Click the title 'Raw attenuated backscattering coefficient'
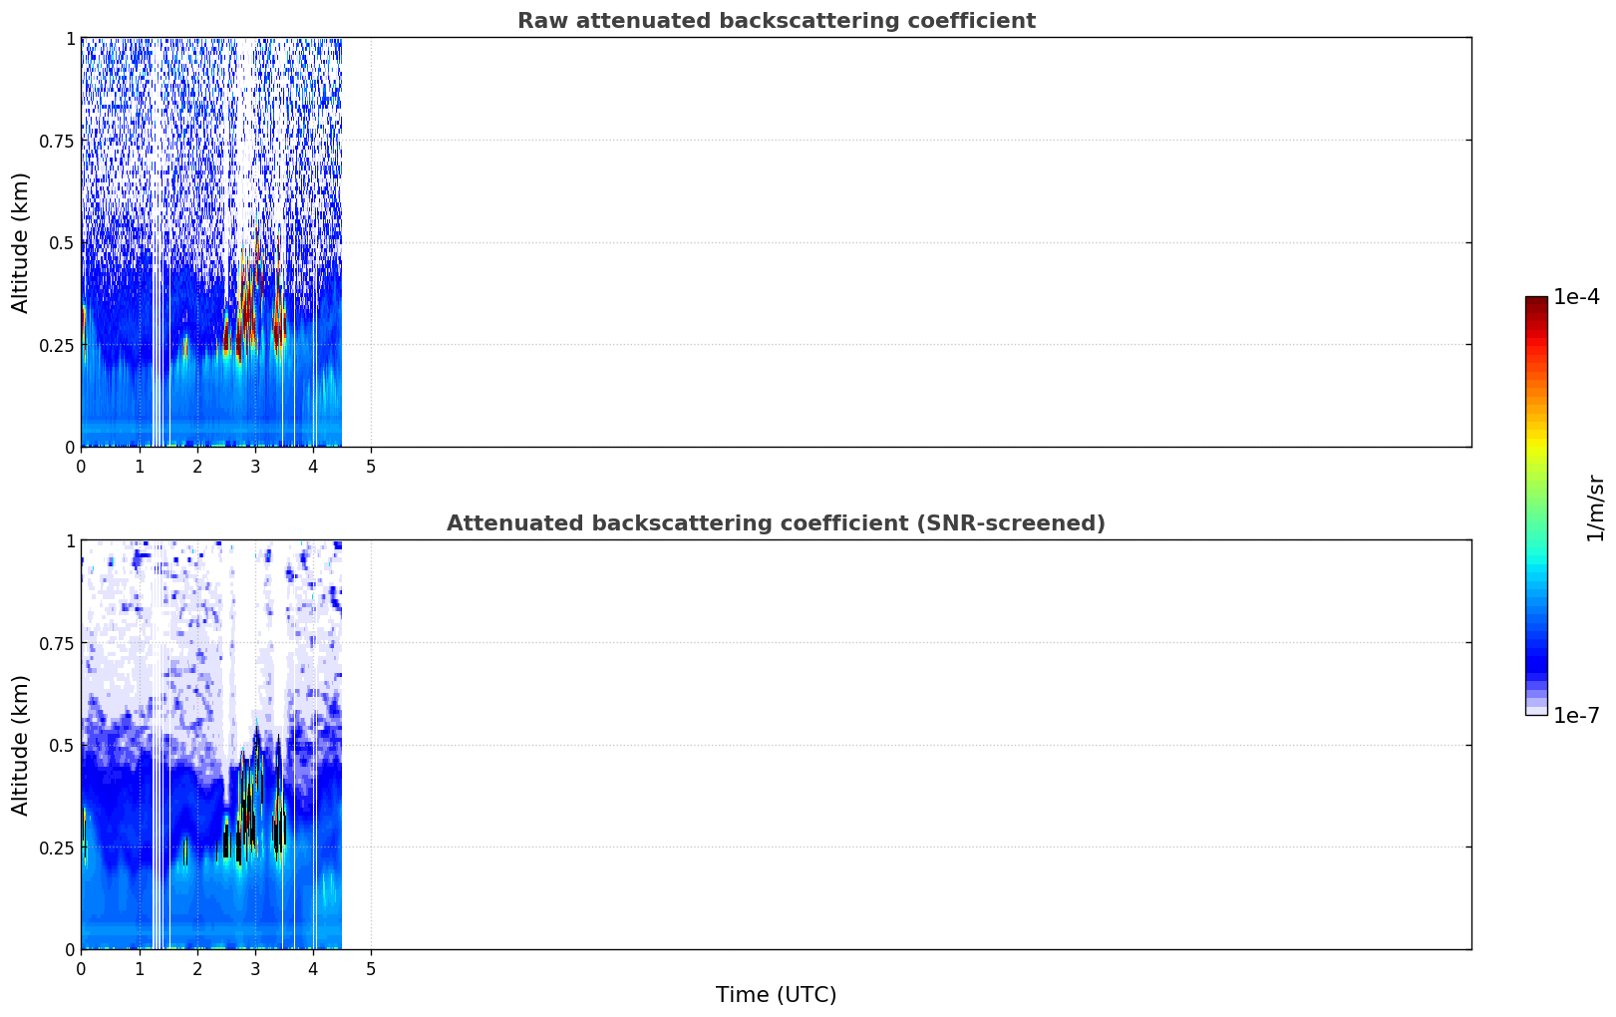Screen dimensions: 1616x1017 tap(777, 20)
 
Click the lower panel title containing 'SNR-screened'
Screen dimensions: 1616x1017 tap(777, 522)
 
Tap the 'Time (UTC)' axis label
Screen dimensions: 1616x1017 tap(777, 995)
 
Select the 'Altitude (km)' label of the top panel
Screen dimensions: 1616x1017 tap(20, 242)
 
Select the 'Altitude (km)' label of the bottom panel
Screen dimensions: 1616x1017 tap(20, 745)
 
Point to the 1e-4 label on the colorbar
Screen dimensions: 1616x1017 tap(1576, 296)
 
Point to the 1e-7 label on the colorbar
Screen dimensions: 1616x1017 tap(1576, 716)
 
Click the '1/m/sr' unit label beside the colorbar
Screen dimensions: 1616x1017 tap(1595, 508)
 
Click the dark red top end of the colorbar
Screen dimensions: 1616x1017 tap(1536, 300)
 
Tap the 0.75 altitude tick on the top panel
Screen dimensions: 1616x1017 tap(56, 141)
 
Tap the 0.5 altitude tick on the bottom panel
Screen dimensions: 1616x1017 tap(62, 745)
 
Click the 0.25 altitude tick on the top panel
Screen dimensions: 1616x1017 tap(56, 346)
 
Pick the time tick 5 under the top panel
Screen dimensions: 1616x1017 tap(371, 467)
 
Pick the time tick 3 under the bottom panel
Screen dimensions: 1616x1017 tap(254, 969)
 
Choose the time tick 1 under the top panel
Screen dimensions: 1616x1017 tap(140, 467)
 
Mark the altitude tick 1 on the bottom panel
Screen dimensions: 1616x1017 tap(71, 541)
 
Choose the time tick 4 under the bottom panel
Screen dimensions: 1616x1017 tap(312, 969)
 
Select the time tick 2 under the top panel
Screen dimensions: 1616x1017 tap(197, 467)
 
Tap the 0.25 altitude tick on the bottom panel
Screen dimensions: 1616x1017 tap(56, 847)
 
